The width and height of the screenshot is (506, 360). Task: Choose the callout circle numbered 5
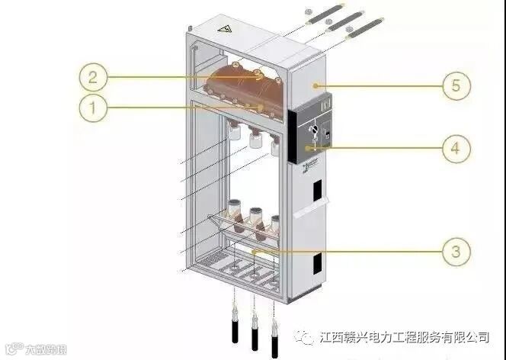[x=455, y=85]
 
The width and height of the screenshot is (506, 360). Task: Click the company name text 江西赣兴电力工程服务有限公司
[x=405, y=336]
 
